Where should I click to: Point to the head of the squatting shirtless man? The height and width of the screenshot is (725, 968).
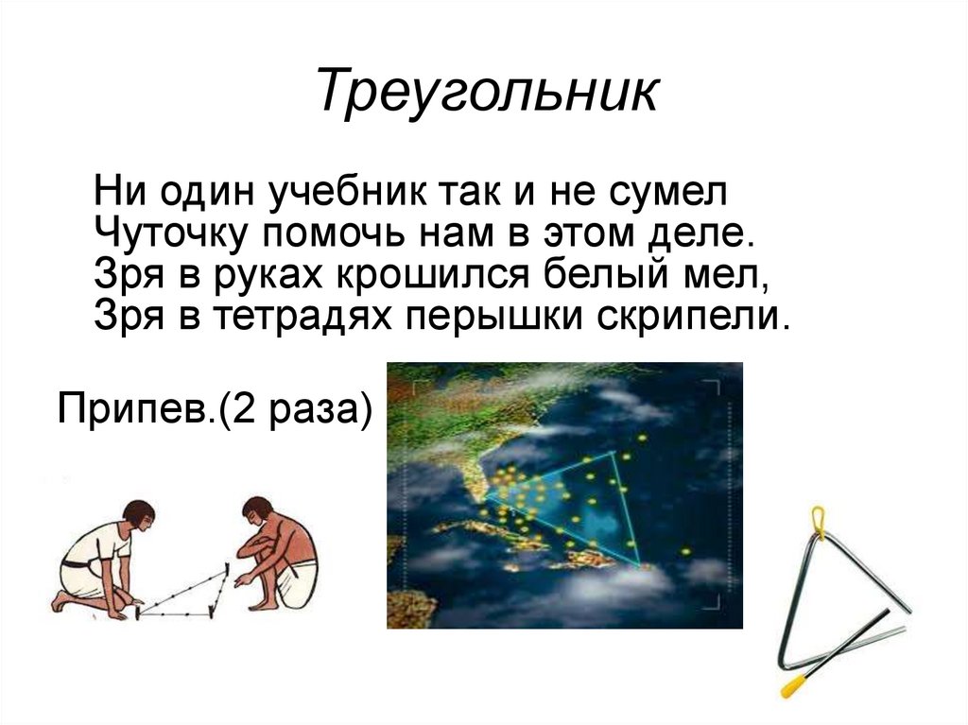257,511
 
